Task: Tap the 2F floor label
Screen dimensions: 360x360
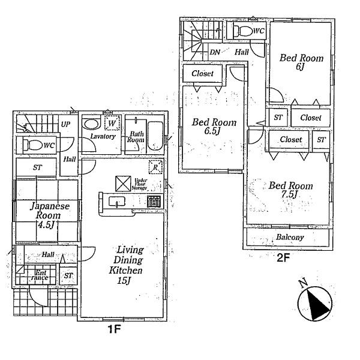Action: coord(283,259)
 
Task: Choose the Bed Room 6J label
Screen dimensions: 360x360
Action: coord(302,63)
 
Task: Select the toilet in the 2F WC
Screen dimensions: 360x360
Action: coord(242,31)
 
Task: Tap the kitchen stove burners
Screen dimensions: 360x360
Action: coord(154,202)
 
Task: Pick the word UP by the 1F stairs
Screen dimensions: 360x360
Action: coord(65,124)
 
